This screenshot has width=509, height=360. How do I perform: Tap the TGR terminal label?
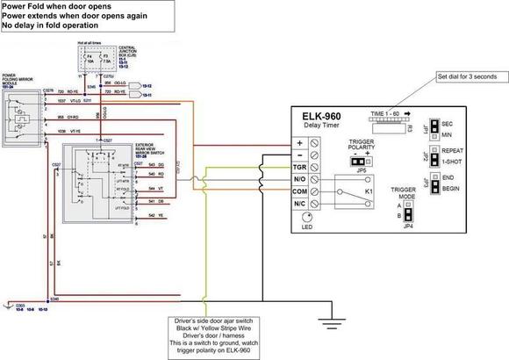[298, 168]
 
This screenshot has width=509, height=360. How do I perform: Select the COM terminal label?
[298, 191]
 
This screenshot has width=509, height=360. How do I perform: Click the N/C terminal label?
[298, 204]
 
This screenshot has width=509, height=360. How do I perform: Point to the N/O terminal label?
[298, 180]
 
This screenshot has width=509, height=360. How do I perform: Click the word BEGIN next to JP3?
[453, 186]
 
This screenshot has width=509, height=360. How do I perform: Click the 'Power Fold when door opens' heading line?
[53, 6]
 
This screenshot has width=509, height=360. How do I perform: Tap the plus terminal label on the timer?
[298, 142]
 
